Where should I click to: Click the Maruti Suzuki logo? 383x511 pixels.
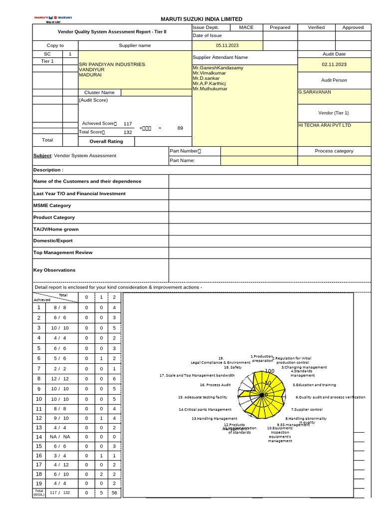pos(52,18)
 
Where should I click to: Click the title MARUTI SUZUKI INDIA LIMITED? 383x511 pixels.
pos(201,19)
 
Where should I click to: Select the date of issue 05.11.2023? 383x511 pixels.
pos(227,45)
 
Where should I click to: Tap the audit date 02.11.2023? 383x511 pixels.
pos(334,64)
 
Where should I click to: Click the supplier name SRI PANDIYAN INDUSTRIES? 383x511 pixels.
pos(112,64)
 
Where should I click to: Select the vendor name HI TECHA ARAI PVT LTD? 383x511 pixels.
pos(324,125)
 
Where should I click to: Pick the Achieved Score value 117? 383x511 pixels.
pos(128,124)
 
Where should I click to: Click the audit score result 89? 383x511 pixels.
pos(180,128)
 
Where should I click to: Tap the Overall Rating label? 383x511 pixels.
pos(106,141)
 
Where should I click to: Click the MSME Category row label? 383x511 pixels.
pos(52,206)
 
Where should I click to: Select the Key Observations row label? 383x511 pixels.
pos(54,270)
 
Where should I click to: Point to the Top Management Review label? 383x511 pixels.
pos(63,253)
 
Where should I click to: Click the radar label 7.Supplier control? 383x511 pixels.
pos(307,409)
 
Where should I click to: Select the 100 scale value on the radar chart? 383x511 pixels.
pos(270,371)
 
